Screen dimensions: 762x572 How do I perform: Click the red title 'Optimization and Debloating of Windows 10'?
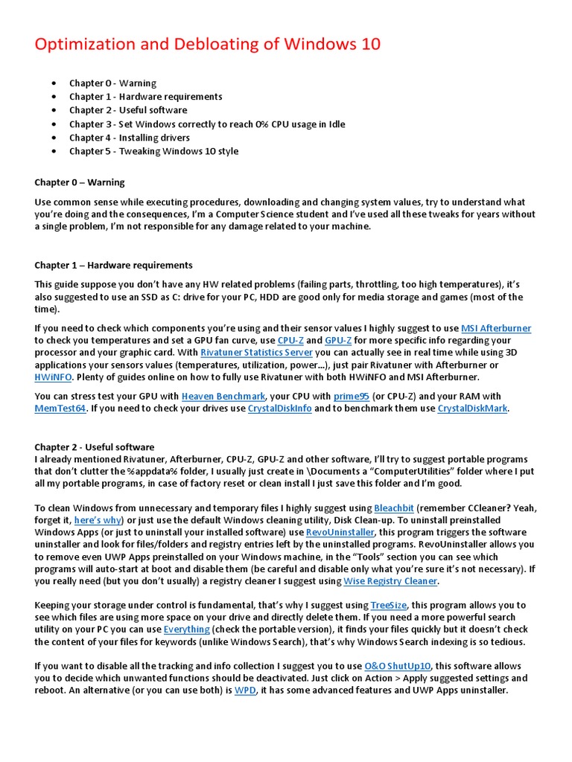[208, 45]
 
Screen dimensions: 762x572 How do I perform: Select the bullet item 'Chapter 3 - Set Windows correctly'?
[207, 124]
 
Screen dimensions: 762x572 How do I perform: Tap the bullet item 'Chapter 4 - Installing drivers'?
[130, 138]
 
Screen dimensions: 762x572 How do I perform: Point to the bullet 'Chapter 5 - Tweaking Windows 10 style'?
[153, 151]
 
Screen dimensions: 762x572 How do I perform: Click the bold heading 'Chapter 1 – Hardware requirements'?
[113, 265]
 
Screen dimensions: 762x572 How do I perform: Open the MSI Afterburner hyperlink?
[496, 328]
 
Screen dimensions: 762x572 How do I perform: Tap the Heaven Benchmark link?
[223, 396]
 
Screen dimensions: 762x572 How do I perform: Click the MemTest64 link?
[61, 408]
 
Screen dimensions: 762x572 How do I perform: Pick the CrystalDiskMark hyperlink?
[472, 408]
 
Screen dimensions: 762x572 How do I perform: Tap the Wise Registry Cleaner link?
[390, 580]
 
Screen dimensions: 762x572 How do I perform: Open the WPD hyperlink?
[244, 690]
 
